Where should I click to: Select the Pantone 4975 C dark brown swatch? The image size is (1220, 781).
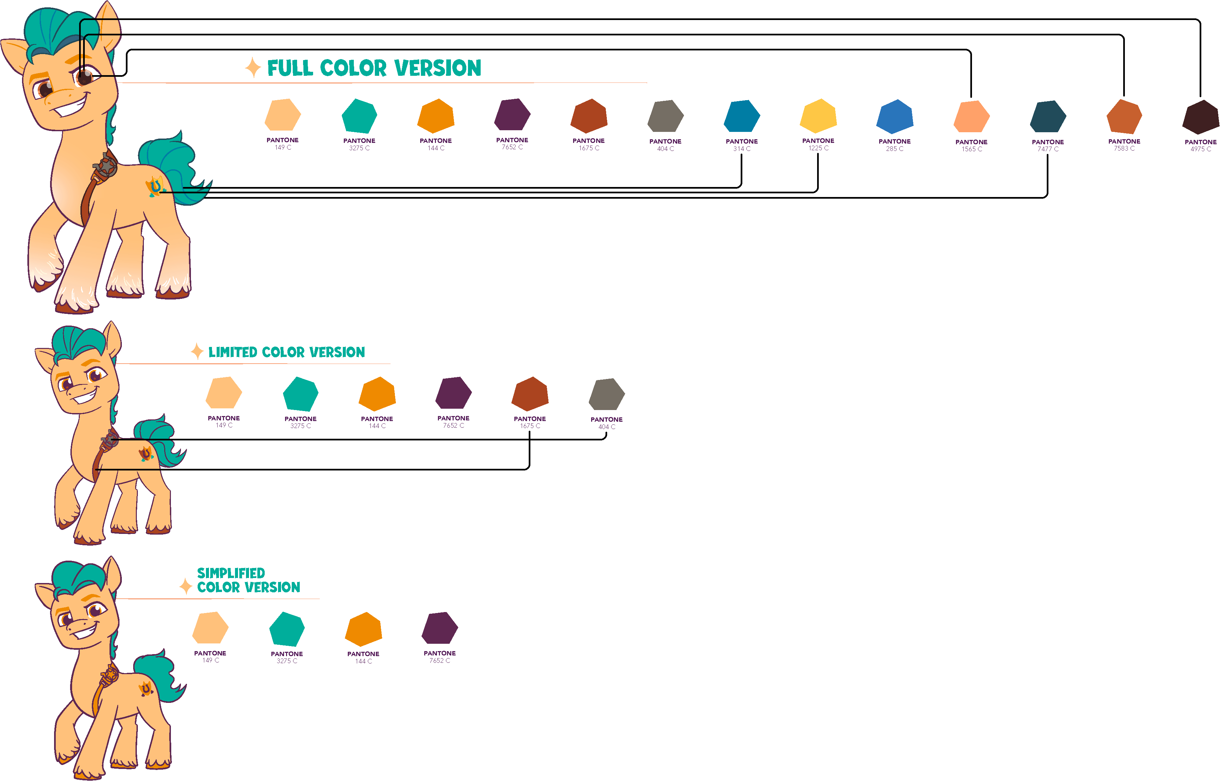tap(1200, 117)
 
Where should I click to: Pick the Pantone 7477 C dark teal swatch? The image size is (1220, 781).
tap(1048, 117)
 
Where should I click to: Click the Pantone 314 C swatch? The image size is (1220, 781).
tap(742, 117)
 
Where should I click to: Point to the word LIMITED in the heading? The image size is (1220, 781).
tap(232, 352)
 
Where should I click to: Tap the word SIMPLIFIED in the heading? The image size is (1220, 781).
tap(231, 573)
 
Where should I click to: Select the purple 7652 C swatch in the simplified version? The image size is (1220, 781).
tap(440, 628)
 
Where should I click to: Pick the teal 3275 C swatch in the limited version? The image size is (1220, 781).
tap(300, 394)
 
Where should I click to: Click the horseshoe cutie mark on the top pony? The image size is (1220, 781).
tap(155, 187)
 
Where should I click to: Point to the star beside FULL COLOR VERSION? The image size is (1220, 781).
tap(252, 67)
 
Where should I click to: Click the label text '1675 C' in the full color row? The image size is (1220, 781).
tap(589, 148)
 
